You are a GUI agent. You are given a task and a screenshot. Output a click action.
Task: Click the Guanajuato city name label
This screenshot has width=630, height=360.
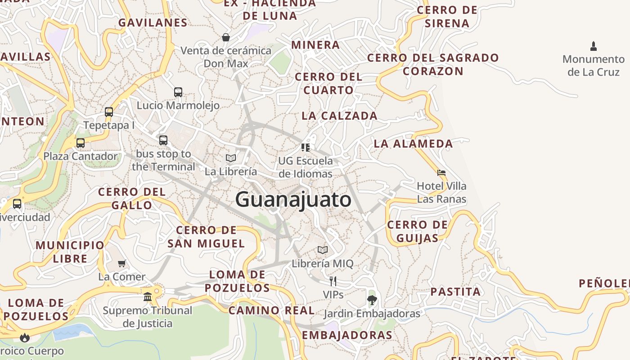(x=293, y=199)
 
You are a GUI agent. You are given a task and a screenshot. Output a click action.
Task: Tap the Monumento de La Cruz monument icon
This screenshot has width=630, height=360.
(x=593, y=46)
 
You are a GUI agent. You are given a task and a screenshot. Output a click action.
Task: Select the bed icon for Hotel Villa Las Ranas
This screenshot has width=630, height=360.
(x=441, y=172)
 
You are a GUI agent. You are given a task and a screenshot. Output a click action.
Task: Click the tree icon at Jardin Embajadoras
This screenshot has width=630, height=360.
(x=372, y=300)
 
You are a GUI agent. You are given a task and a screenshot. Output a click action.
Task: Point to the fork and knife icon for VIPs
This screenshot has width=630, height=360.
(x=333, y=281)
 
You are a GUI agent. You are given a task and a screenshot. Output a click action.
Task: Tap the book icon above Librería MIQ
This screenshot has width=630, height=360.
(x=323, y=250)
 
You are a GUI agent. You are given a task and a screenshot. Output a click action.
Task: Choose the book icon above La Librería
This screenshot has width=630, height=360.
(x=231, y=158)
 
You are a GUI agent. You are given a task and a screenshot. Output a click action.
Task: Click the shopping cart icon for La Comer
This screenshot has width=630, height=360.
(x=121, y=263)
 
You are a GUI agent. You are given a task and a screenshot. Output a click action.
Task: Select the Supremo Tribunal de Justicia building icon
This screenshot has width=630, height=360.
(x=148, y=297)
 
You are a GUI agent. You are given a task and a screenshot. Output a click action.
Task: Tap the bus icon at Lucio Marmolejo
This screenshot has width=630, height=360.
(x=178, y=92)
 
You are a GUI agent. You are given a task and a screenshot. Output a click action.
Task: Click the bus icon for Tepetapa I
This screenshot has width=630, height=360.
(x=109, y=112)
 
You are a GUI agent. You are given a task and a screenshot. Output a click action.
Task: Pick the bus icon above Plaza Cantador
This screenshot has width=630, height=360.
(x=81, y=143)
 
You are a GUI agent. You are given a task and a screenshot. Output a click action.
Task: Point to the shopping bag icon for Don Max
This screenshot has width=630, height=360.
(x=226, y=37)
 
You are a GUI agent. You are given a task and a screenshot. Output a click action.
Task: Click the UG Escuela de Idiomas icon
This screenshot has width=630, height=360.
(x=306, y=147)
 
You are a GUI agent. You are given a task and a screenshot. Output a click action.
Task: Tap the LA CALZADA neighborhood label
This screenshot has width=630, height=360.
(x=339, y=116)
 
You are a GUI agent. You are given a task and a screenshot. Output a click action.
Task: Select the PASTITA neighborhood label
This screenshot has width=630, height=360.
(x=455, y=292)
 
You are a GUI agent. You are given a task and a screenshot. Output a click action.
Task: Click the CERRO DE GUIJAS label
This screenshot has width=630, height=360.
(x=417, y=231)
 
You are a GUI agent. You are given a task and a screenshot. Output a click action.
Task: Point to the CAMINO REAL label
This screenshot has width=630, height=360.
(x=271, y=310)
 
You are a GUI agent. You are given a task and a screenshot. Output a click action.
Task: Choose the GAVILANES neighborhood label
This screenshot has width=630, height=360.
(x=153, y=22)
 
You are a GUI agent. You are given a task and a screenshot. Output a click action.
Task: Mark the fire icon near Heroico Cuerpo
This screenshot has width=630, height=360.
(x=25, y=337)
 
